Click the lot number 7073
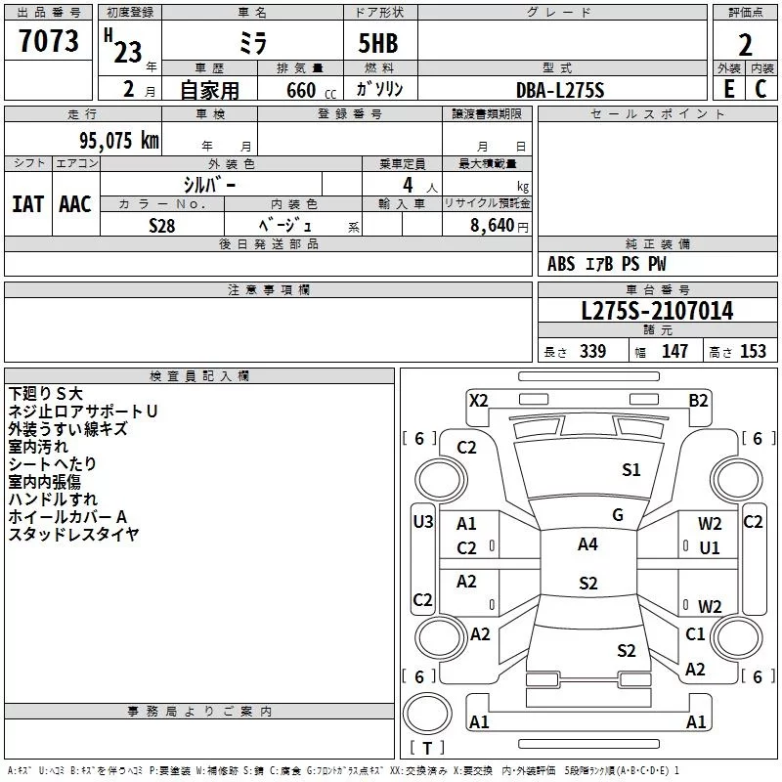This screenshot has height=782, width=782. pos(49,40)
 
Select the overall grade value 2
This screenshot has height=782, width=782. pos(745,45)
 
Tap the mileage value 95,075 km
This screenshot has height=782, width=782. pos(119,140)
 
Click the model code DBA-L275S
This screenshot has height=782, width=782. pos(560,90)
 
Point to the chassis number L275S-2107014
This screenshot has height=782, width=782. pos(657,311)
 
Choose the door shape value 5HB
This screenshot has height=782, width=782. pos(378,43)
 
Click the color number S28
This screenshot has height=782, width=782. pos(162,226)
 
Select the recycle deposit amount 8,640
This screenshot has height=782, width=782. pos(492,225)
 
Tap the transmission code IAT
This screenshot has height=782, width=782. pos(28,204)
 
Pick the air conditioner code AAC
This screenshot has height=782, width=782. pos(75,204)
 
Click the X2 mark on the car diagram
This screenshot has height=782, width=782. pos(478,401)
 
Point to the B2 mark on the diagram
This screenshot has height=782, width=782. pos(698,401)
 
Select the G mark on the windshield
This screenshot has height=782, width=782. pos(618,515)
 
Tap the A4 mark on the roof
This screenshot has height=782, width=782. pos(587,544)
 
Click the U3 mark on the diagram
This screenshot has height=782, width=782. pos(423,522)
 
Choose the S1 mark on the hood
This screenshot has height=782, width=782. pos(630,470)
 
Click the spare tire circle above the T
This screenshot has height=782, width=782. pos(427,714)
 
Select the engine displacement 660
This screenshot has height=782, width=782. pos(301,90)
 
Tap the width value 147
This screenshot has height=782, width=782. pos(674,351)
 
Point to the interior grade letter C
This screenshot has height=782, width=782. pos(760,89)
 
